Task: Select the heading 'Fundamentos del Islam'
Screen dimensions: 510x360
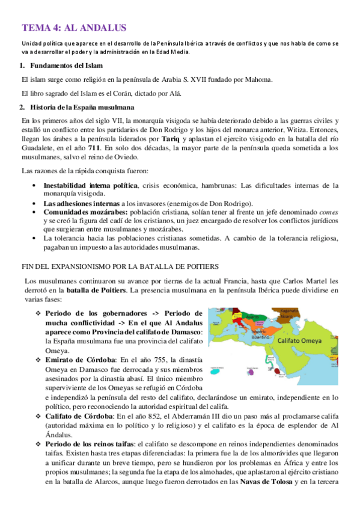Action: click(67, 65)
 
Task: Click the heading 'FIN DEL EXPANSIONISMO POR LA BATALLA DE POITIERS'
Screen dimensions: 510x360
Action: click(120, 266)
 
